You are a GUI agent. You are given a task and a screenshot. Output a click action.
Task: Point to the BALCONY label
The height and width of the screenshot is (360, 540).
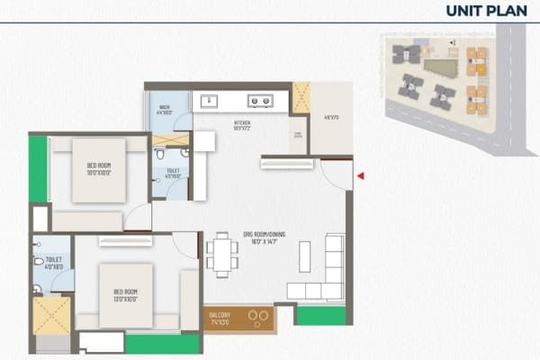pyautogui.click(x=219, y=317)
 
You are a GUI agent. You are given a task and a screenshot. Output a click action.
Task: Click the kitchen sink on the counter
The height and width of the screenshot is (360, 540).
pyautogui.click(x=210, y=101)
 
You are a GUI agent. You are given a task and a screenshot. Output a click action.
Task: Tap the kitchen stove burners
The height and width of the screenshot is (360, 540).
pyautogui.click(x=261, y=101)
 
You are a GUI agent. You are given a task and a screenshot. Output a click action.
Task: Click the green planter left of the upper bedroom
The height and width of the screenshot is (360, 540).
pyautogui.click(x=38, y=169)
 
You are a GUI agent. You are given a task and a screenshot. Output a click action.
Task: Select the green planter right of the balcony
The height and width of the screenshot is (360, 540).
pyautogui.click(x=320, y=316)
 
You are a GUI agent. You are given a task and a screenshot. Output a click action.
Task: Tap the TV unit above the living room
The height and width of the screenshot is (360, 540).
pyautogui.click(x=287, y=163)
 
